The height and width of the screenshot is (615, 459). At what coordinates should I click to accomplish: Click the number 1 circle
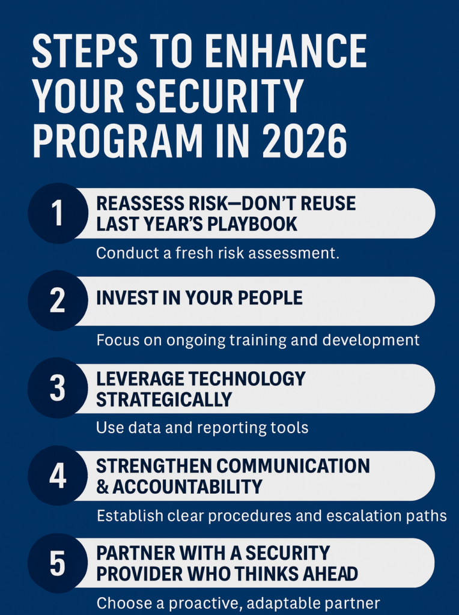(x=58, y=213)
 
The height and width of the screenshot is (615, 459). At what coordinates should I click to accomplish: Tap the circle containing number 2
(x=58, y=300)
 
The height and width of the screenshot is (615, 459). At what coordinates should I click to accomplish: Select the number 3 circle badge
(x=58, y=388)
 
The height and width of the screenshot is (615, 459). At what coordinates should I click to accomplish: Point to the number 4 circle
(x=58, y=476)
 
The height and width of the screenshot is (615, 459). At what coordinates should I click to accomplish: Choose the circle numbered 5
(x=58, y=563)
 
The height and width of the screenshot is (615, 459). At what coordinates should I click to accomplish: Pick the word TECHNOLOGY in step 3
(x=247, y=379)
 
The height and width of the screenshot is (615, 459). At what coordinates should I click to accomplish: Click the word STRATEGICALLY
(x=164, y=399)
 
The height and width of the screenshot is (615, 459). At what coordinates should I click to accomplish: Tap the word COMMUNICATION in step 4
(x=293, y=466)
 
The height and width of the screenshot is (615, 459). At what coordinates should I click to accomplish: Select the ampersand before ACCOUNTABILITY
(x=102, y=486)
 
